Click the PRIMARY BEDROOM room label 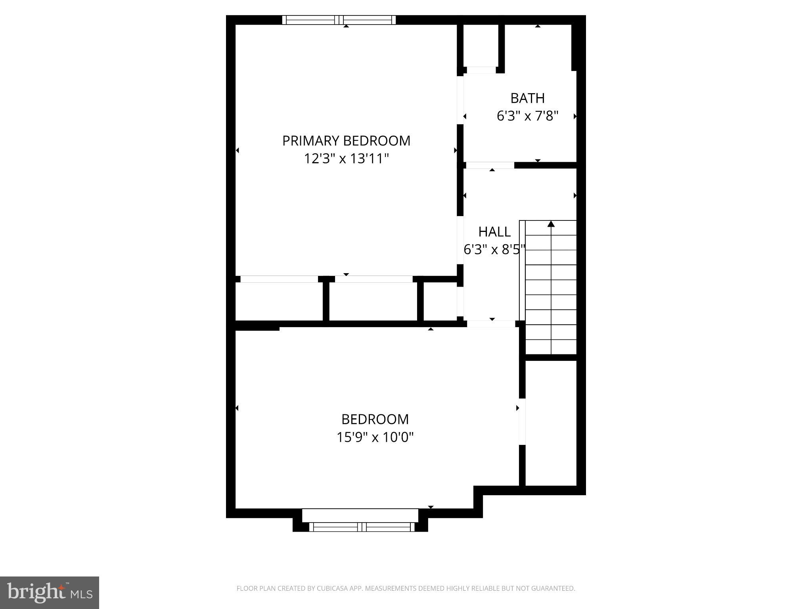click(346, 141)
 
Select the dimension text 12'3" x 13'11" click(346, 159)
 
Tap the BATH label click(527, 98)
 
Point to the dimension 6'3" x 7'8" click(527, 116)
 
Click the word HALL click(494, 232)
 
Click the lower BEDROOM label click(375, 419)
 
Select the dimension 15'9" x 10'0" click(375, 437)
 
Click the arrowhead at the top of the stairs click(551, 224)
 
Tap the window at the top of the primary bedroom click(339, 20)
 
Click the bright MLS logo click(49, 593)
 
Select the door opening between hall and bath click(490, 165)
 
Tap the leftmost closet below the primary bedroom click(279, 301)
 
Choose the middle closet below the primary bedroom click(373, 301)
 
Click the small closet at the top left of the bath click(481, 46)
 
